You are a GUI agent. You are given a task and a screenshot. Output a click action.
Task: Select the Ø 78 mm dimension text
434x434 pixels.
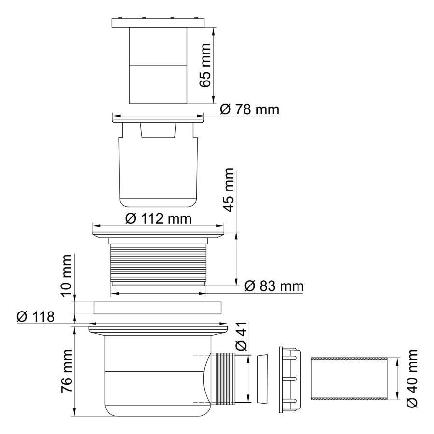coord(250,110)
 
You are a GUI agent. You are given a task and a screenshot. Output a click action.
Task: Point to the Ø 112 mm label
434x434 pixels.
coord(158,218)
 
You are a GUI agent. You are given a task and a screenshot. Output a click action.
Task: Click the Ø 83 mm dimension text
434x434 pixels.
coord(274,286)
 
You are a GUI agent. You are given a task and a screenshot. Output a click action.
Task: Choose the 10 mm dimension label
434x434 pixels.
coord(67,275)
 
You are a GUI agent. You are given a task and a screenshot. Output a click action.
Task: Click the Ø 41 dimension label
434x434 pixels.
coord(241,337)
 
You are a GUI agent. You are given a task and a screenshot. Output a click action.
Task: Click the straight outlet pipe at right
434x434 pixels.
coord(349,379)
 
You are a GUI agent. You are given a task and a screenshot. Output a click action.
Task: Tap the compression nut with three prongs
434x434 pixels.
coord(289,379)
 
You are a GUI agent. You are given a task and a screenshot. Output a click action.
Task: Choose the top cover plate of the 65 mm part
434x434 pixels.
coord(158,23)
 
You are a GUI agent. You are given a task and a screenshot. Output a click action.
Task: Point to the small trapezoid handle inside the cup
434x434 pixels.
coord(158,130)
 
